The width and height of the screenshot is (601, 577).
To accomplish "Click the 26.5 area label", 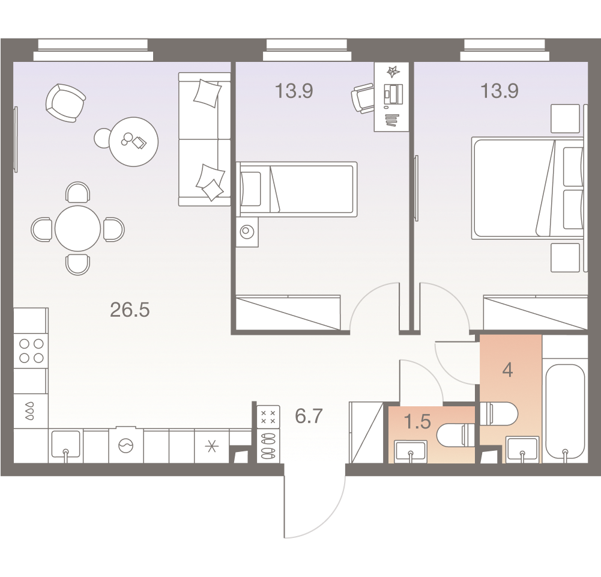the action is click(130, 310).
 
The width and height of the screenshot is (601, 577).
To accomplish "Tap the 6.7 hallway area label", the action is click(309, 416).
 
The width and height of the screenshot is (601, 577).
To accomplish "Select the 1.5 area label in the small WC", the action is click(417, 421).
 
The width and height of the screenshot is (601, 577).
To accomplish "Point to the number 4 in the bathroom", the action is click(507, 370).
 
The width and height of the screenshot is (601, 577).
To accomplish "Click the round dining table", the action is click(78, 228).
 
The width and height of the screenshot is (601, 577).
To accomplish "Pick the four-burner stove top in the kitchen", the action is click(31, 351).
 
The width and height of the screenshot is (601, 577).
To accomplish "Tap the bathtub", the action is click(565, 411).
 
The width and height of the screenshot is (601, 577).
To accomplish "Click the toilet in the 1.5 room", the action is click(456, 435).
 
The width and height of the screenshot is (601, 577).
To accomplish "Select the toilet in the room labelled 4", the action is click(499, 414).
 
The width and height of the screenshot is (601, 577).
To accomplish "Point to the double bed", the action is click(527, 188).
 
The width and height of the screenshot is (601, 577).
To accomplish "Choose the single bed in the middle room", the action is click(296, 189).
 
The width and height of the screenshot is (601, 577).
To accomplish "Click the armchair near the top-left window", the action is click(65, 103).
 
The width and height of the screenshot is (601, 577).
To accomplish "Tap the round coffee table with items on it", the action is click(133, 142).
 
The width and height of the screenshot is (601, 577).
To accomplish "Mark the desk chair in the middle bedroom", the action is click(362, 98).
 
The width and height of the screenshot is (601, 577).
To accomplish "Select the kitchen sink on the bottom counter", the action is click(65, 444).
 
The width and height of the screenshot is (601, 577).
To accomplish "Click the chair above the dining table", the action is click(78, 192).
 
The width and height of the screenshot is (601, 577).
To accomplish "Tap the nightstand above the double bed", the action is click(565, 118).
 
